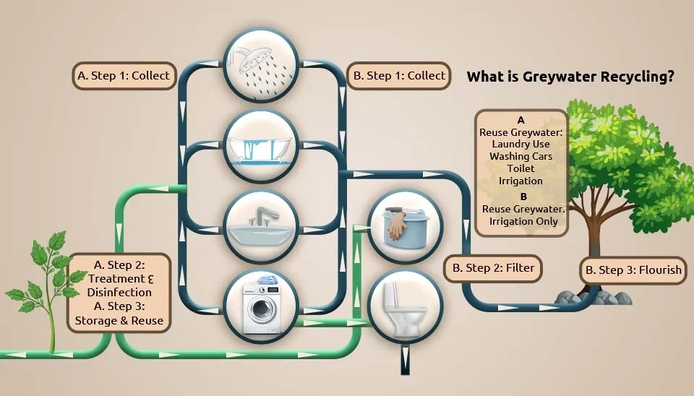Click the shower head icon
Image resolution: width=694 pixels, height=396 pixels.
(261, 66)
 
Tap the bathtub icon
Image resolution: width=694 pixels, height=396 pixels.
(261, 147)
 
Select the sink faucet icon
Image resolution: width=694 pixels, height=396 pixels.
(261, 228)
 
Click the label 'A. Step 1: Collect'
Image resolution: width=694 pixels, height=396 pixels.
(124, 76)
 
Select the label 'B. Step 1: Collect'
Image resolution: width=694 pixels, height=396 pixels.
(399, 76)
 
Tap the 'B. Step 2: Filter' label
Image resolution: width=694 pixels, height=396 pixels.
(493, 268)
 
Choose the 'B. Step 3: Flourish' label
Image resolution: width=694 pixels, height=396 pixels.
(633, 270)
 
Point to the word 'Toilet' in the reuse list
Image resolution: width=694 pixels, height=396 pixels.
(521, 168)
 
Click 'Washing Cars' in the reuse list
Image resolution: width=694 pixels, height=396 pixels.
(521, 156)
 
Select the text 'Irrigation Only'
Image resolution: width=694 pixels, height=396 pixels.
(523, 221)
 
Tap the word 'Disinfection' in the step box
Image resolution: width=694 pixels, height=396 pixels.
(119, 293)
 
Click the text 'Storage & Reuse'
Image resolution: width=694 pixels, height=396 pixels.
(119, 320)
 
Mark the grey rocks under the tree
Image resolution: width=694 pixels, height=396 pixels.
(593, 297)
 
